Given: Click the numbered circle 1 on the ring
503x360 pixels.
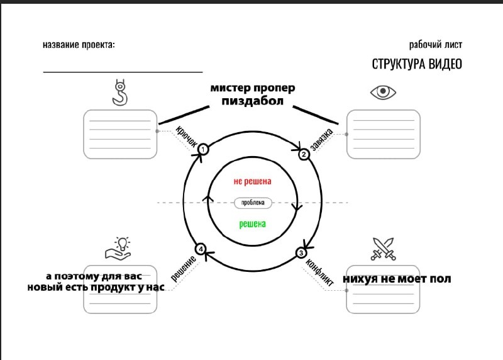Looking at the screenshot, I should tap(203, 149).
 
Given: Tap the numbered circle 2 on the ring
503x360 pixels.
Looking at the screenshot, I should tap(304, 154).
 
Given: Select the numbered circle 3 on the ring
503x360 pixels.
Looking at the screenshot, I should tap(301, 253).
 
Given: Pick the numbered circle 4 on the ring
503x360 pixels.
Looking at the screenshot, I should tap(200, 249).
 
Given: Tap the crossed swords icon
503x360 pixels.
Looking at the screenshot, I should tap(382, 248).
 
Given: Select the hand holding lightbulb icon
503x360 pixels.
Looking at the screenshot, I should tap(118, 248).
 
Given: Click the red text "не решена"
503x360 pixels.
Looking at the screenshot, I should tap(252, 181).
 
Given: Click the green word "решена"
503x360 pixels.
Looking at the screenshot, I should tap(253, 223).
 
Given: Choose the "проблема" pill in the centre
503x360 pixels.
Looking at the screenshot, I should tap(253, 203).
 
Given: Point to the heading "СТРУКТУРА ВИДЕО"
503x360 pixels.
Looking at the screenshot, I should tap(417, 64).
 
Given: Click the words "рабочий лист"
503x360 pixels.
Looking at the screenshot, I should tap(435, 45).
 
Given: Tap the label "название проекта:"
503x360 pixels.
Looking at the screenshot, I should tap(79, 45).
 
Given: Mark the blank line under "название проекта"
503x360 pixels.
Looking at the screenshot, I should tap(123, 72).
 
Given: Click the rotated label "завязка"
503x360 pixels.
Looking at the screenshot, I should tap(321, 140).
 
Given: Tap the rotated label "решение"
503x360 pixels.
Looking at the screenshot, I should tap(182, 267).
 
